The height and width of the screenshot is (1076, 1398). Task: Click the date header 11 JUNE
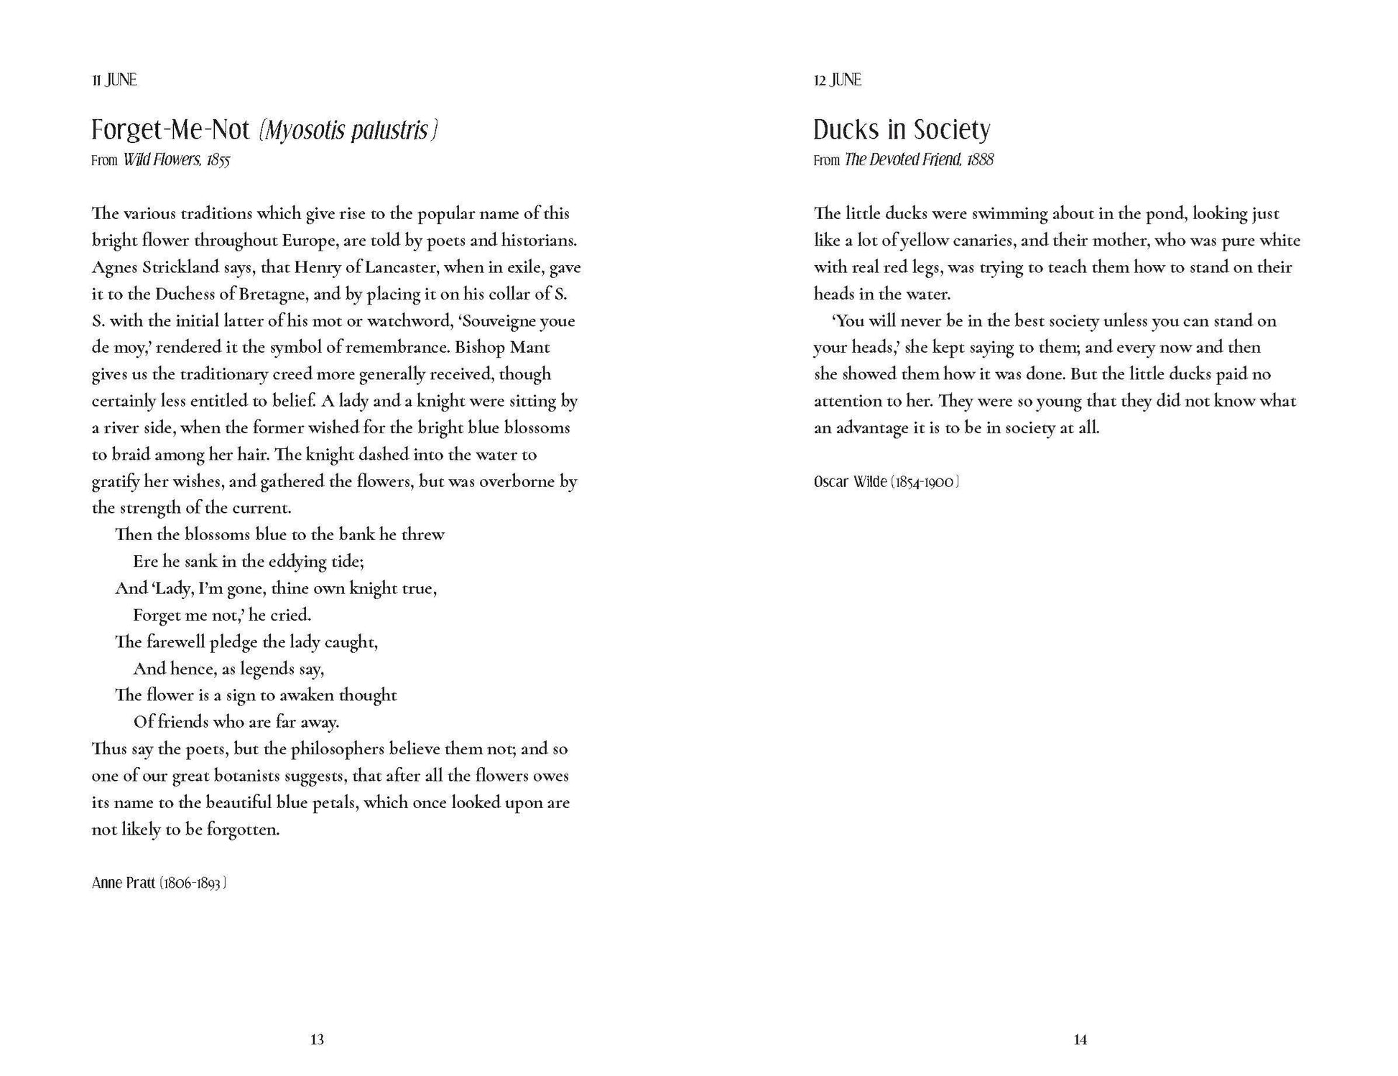[114, 80]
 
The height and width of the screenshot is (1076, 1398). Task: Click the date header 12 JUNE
[837, 80]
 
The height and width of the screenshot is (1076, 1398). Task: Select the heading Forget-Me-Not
[170, 130]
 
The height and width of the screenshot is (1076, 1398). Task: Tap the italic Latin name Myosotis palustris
[348, 131]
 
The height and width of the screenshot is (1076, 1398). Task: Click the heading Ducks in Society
[902, 130]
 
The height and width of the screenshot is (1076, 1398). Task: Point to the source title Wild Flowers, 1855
[176, 160]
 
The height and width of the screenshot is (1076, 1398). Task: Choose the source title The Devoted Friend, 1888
[919, 160]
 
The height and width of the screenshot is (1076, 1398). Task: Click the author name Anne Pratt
[123, 882]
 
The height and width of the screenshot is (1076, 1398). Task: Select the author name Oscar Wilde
[850, 481]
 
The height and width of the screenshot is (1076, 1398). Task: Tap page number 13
[317, 1039]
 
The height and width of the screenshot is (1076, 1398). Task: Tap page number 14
[1080, 1039]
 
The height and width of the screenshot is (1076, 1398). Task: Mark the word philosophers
[337, 749]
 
